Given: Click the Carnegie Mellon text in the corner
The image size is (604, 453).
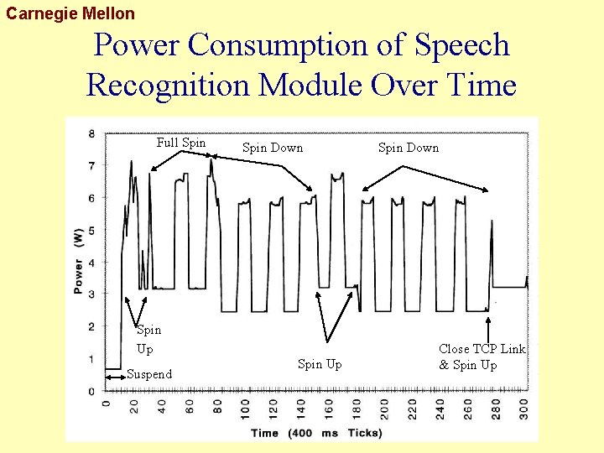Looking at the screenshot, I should coord(70,13).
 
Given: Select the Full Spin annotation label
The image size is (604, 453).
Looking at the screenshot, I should coord(180,143).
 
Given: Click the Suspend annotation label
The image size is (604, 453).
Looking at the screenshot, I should coord(148,374).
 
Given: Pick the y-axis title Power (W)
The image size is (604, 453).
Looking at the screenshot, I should coord(78,262).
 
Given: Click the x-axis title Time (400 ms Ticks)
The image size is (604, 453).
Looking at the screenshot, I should coord(316,433).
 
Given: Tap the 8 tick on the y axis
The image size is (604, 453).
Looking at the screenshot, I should coord(91,133).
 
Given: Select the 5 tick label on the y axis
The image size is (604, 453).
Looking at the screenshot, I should coord(91,231).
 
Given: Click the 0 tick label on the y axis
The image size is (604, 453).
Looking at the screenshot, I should coord(91,392).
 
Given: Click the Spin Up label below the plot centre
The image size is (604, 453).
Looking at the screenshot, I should coord(320,364).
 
